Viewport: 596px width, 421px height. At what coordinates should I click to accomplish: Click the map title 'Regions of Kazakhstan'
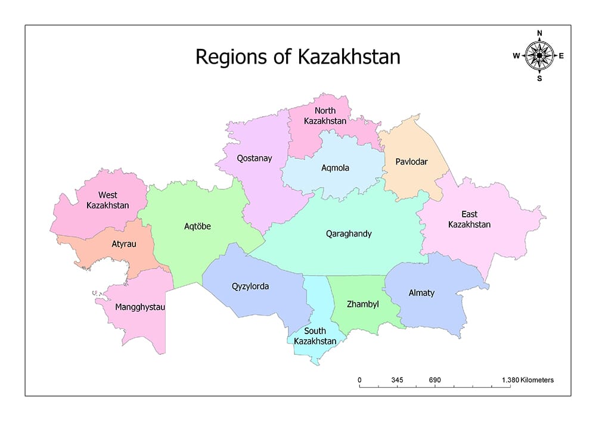pos(298,57)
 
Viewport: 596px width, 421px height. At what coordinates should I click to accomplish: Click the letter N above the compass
pos(539,33)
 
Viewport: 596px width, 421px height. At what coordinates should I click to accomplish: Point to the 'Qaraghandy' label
pos(349,233)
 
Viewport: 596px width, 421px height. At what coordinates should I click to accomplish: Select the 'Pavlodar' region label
pos(411,161)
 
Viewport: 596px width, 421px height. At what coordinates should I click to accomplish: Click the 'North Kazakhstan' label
pos(325,116)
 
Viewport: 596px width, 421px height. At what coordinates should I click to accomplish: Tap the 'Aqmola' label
pos(335,168)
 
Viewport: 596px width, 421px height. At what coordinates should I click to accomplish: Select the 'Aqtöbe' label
pos(197,226)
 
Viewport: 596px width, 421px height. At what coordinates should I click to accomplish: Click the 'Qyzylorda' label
pos(250,286)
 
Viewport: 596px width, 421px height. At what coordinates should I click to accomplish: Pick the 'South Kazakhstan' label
pos(315,336)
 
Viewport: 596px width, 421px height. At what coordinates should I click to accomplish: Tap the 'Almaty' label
pos(421,293)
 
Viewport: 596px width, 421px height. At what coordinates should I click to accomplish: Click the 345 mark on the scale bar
pos(398,380)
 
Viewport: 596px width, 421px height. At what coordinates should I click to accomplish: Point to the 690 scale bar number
pos(434,380)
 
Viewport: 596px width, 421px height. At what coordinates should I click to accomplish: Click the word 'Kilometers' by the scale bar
pos(537,380)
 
